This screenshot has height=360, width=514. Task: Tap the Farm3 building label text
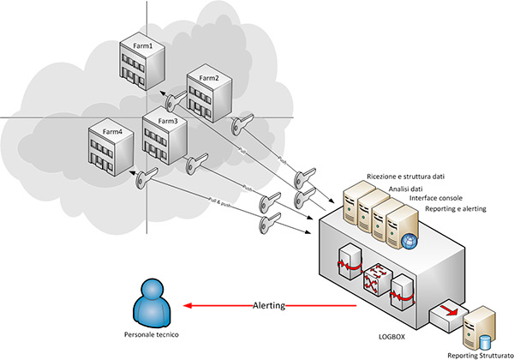pos(166,122)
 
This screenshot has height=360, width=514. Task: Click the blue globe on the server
pos(409,243)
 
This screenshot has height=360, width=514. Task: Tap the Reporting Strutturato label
pos(480,354)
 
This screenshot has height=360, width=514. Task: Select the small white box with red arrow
pos(447,315)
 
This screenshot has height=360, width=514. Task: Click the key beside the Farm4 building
pos(146,177)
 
